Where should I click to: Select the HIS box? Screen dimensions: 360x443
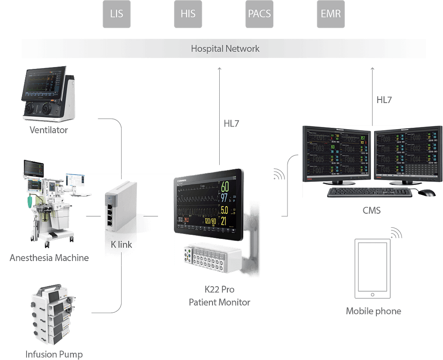pos(187,13)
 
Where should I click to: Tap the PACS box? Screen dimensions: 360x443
pos(259,13)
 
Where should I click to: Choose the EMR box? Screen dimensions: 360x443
pos(330,13)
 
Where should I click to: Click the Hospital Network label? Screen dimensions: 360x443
pos(225,48)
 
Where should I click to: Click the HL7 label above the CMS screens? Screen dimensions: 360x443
pos(384,100)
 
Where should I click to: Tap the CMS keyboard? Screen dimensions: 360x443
pos(369,192)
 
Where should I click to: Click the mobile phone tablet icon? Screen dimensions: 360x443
pos(372,269)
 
